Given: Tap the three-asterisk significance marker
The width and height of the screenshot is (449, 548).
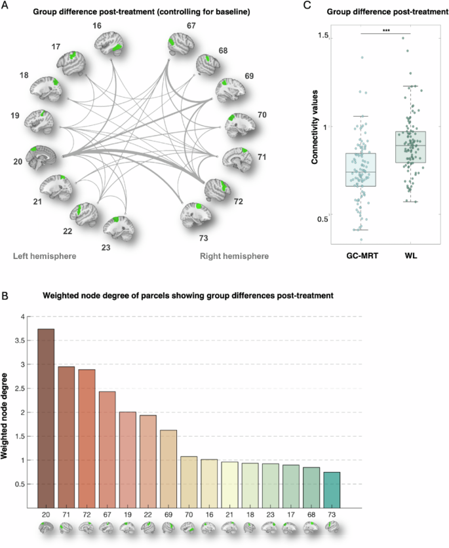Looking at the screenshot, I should [x=385, y=30].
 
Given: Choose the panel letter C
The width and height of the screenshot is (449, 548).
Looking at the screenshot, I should [x=309, y=6].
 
